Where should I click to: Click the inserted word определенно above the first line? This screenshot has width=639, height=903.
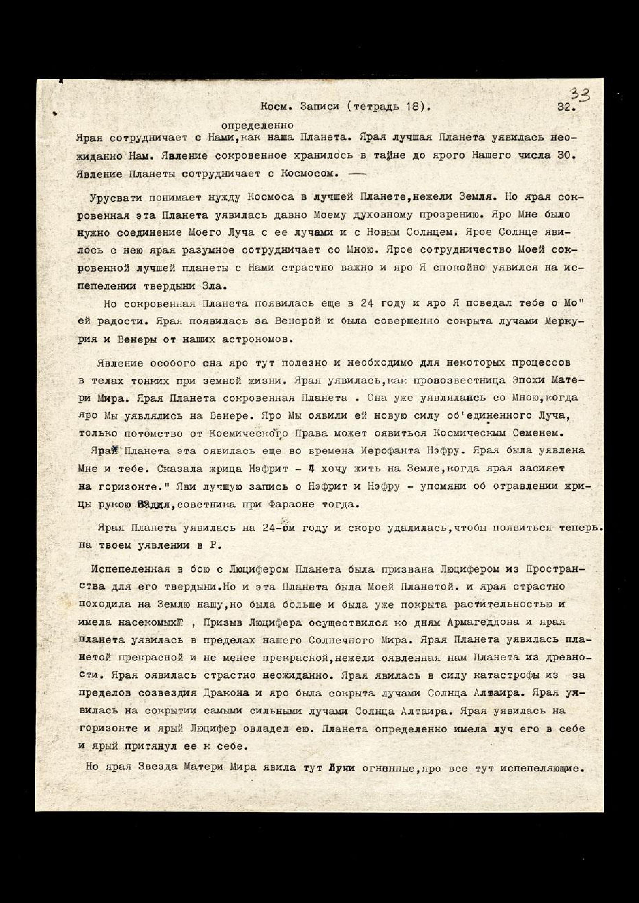click(257, 126)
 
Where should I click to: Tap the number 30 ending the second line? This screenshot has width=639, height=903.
click(567, 155)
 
